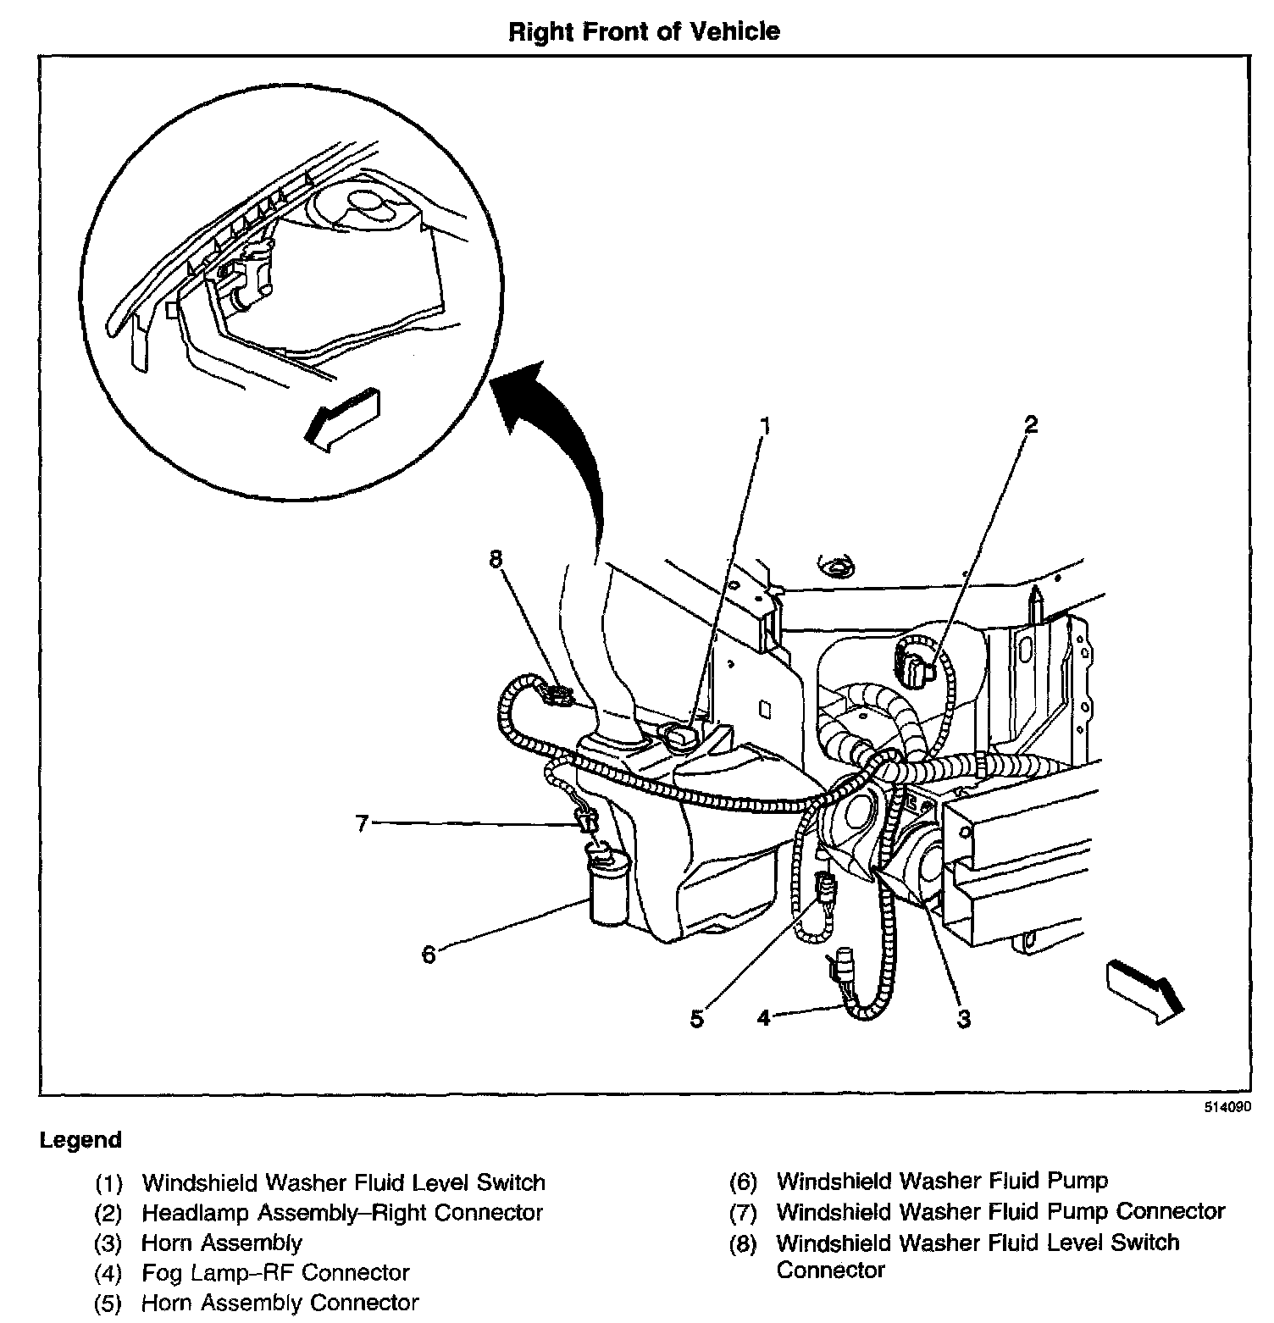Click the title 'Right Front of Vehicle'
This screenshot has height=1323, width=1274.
click(643, 32)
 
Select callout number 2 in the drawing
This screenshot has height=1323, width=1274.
click(1030, 424)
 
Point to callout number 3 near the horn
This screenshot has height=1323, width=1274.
click(963, 1019)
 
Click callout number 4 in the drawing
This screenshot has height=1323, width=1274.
click(764, 1017)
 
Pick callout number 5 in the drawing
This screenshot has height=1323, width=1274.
click(696, 1019)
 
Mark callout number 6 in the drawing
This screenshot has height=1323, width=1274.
click(429, 955)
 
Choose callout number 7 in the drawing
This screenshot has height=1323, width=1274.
click(363, 822)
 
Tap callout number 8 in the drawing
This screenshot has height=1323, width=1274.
click(496, 559)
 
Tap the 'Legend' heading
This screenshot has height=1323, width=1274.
click(80, 1140)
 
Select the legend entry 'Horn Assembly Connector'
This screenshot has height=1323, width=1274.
click(280, 1303)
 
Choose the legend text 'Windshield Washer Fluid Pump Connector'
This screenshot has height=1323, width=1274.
click(1000, 1212)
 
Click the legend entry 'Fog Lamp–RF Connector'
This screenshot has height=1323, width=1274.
click(275, 1272)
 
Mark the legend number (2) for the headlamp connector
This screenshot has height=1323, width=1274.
click(108, 1213)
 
